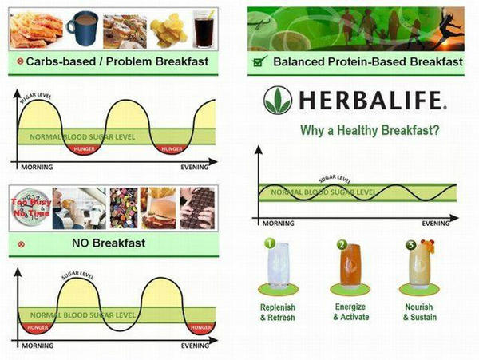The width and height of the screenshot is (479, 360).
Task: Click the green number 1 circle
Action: click(270, 244)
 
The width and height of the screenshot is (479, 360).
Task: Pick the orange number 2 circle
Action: click(341, 244)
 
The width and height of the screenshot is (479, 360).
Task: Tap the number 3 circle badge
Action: click(411, 245)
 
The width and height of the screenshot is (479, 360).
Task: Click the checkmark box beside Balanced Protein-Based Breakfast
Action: click(257, 61)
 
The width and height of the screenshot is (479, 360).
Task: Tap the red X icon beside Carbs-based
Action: click(18, 61)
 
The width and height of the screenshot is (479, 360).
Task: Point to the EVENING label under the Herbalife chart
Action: click(435, 223)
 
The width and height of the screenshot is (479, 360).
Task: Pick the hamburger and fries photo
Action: click(159, 208)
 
